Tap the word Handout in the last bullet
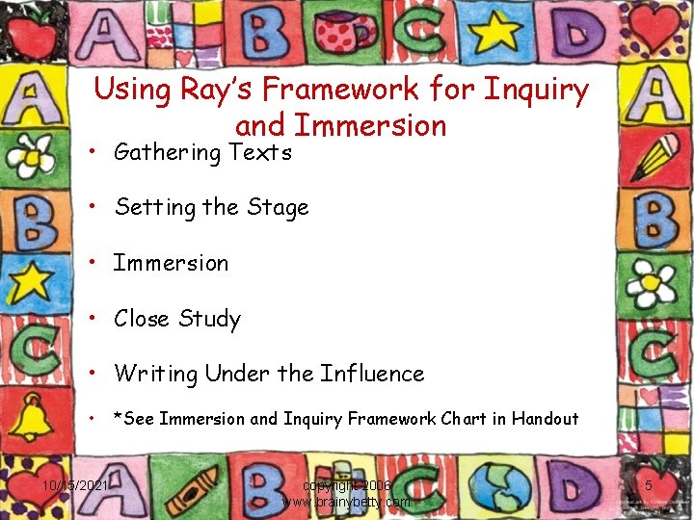(x=545, y=419)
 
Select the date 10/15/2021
(x=76, y=486)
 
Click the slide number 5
(x=649, y=486)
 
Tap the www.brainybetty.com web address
(x=345, y=502)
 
